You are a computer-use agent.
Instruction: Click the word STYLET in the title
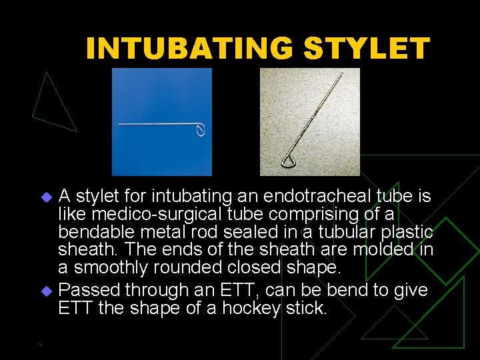coord(367,49)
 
